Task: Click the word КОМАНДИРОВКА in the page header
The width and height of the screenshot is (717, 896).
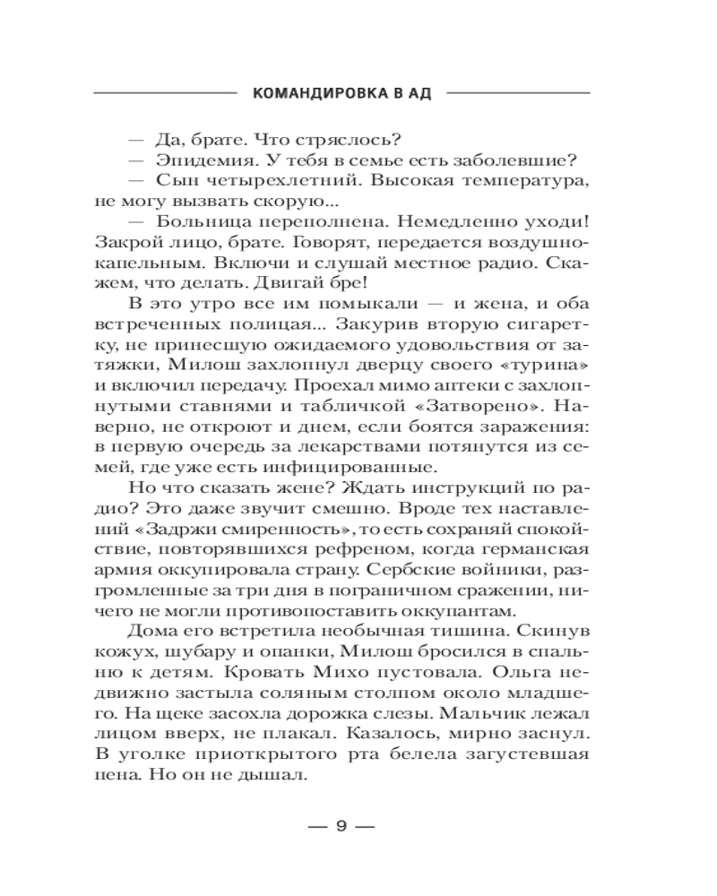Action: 310,93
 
